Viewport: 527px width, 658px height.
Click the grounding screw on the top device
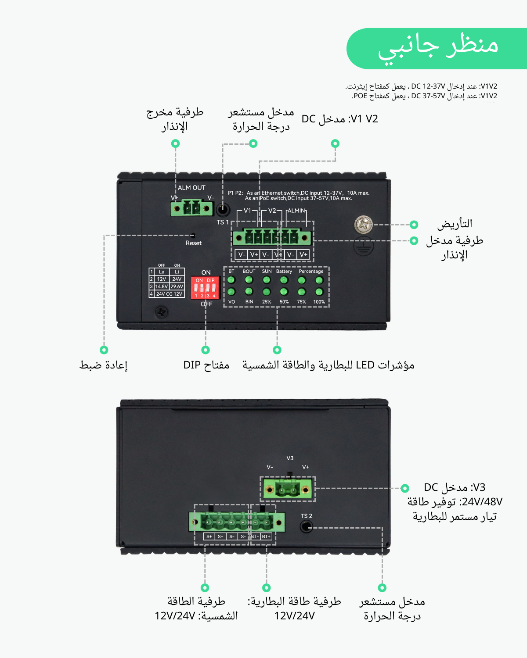tap(364, 225)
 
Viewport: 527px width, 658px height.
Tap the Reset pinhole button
tap(193, 236)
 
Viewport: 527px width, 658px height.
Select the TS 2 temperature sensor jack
tap(307, 526)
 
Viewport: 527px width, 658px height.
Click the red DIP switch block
tap(205, 288)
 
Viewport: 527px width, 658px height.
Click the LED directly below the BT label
tap(231, 280)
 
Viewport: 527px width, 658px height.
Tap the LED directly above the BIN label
tap(249, 292)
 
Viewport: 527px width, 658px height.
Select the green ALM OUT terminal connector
tap(191, 208)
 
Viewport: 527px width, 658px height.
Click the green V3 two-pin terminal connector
tap(288, 489)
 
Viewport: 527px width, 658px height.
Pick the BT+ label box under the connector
tap(267, 536)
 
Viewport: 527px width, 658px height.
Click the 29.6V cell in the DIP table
tap(177, 286)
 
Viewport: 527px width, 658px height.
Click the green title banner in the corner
tap(437, 48)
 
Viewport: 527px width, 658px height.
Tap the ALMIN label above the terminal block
tap(296, 211)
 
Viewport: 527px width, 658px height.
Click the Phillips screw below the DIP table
tap(162, 312)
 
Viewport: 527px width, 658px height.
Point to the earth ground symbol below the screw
tap(364, 246)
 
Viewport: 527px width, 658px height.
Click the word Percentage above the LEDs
tap(311, 271)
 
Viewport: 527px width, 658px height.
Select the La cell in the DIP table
tap(162, 272)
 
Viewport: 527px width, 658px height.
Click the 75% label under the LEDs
tap(302, 302)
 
